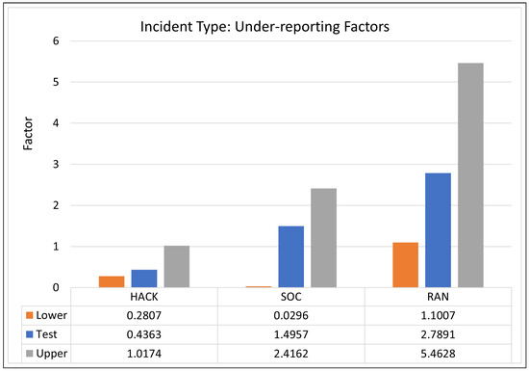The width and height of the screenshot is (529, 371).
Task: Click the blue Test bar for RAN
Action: coord(438,229)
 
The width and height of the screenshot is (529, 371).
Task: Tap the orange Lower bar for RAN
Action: coord(406,264)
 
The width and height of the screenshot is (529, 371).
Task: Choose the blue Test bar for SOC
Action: coord(291,256)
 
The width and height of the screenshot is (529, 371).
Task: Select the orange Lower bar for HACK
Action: coord(112,281)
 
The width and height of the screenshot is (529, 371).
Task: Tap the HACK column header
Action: coord(144,298)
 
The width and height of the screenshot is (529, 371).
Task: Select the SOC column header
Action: coord(291,298)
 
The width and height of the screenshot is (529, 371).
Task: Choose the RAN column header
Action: coord(438,298)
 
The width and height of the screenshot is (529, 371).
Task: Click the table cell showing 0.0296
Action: coord(291,314)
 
